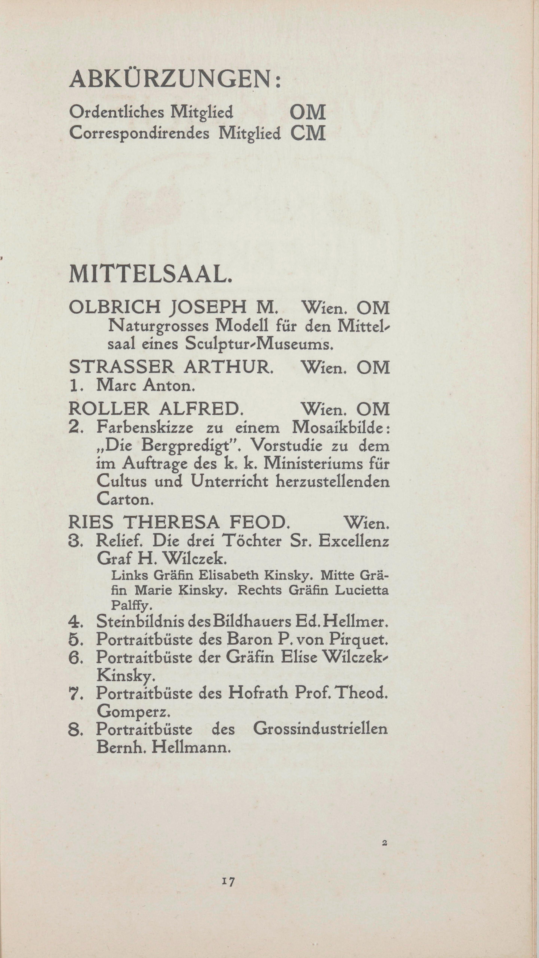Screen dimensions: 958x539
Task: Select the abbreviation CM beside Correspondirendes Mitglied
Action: (x=308, y=133)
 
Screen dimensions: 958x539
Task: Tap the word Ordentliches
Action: (x=116, y=112)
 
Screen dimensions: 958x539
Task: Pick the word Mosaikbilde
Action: (x=340, y=428)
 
